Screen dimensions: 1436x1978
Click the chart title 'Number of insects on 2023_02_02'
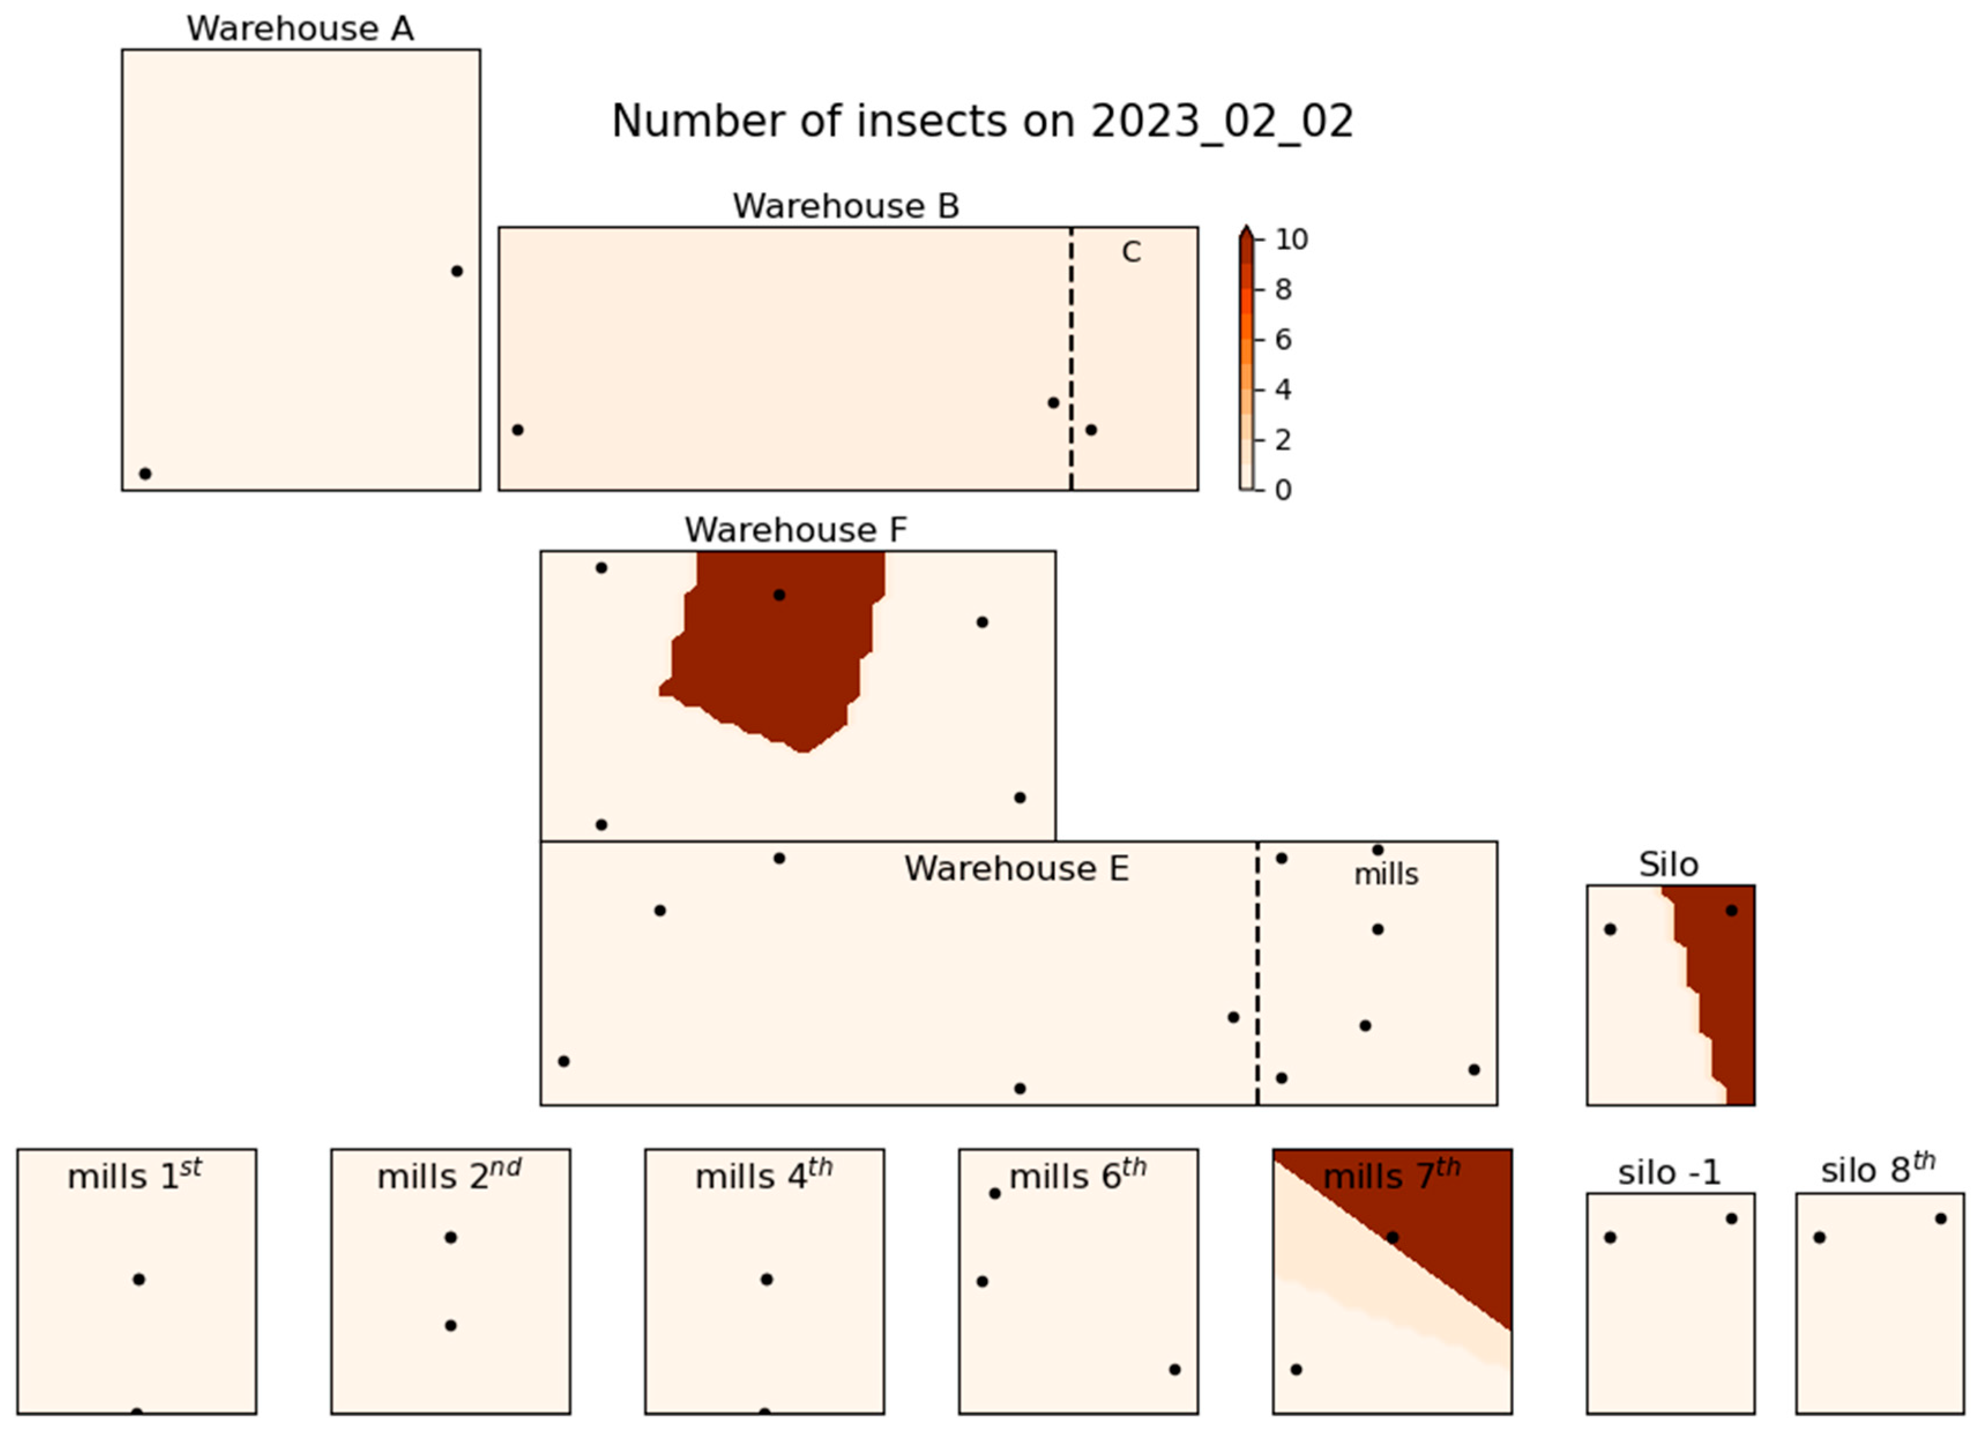982,121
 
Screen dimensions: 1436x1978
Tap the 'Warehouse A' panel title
300,29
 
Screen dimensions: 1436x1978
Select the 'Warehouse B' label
846,207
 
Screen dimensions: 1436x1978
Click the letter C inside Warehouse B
1131,253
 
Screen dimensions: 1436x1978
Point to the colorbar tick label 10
1291,240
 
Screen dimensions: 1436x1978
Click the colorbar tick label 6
1283,340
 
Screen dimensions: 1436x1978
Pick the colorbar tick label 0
1283,490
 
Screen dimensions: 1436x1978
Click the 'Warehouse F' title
796,530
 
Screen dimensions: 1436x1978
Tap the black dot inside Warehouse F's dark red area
779,594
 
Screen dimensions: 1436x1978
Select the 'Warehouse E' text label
1016,869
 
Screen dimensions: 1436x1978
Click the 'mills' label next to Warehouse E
1386,874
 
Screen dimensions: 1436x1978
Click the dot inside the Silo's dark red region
1732,910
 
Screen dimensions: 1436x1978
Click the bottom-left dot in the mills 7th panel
1296,1370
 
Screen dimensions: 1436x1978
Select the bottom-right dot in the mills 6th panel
1175,1370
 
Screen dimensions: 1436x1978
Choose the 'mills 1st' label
135,1175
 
